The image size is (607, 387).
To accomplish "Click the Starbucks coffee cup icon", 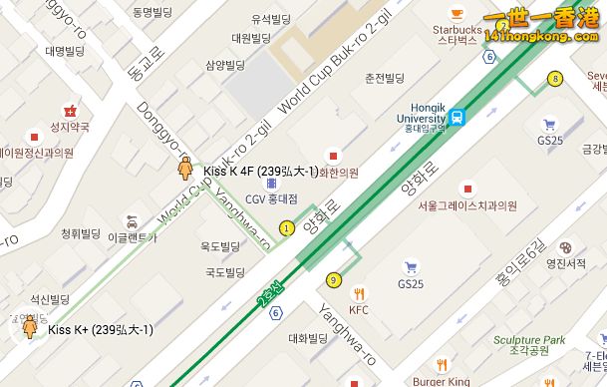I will click(457, 14).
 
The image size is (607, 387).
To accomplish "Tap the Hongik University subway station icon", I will click(457, 117).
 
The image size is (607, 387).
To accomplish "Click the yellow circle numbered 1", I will click(287, 228).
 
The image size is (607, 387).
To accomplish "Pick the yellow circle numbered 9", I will click(332, 280).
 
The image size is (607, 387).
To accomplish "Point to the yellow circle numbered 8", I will click(554, 78).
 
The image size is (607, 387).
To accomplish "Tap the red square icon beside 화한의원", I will click(333, 155).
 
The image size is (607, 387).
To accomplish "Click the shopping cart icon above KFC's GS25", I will click(411, 267).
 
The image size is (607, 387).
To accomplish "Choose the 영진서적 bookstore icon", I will click(565, 247).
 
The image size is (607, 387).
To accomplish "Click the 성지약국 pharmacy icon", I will click(70, 111).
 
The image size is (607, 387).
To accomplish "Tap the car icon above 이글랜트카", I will click(131, 220).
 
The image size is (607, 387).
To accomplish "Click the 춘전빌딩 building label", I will click(384, 78).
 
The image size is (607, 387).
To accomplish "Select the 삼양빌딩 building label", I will click(224, 66).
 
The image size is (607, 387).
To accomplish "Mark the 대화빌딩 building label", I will click(308, 338).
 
